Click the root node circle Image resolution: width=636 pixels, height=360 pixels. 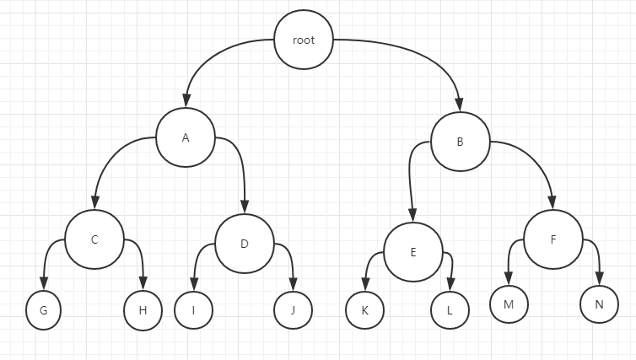coord(304,40)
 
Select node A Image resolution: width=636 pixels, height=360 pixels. coord(185,137)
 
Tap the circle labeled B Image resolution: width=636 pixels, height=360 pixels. coord(460,142)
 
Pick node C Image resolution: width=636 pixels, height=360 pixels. coord(94,239)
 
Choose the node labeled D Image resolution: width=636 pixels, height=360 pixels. coord(245,244)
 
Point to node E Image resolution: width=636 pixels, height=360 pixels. coord(413,251)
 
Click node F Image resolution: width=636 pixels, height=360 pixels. coord(553,239)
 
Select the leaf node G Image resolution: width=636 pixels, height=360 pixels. coord(42,310)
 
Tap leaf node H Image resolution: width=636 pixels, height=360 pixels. coord(143,310)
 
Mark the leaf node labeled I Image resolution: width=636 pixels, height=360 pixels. coord(193,310)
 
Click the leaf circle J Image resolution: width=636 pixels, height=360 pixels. coord(293,310)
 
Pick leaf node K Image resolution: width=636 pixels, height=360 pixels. coord(364,310)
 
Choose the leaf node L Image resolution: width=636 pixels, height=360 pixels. coord(450,310)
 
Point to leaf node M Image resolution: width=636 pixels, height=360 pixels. coord(508,304)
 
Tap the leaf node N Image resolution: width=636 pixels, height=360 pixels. coord(599,304)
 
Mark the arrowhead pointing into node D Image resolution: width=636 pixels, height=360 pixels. coord(245,207)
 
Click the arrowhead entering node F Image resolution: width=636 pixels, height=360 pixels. coord(552,202)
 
